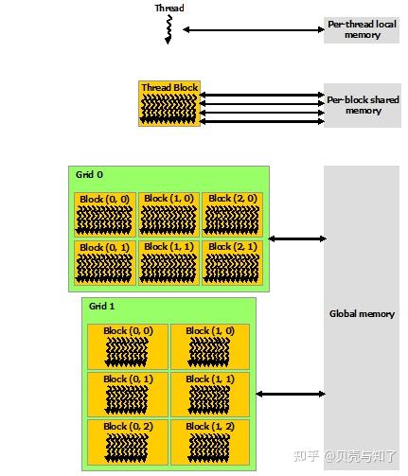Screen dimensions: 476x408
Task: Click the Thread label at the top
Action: (x=169, y=9)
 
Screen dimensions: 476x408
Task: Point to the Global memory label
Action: (x=362, y=314)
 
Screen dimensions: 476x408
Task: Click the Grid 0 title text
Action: (x=89, y=175)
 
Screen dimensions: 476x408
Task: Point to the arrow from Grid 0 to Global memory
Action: (x=296, y=238)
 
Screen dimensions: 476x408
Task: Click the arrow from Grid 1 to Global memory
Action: (x=290, y=394)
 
